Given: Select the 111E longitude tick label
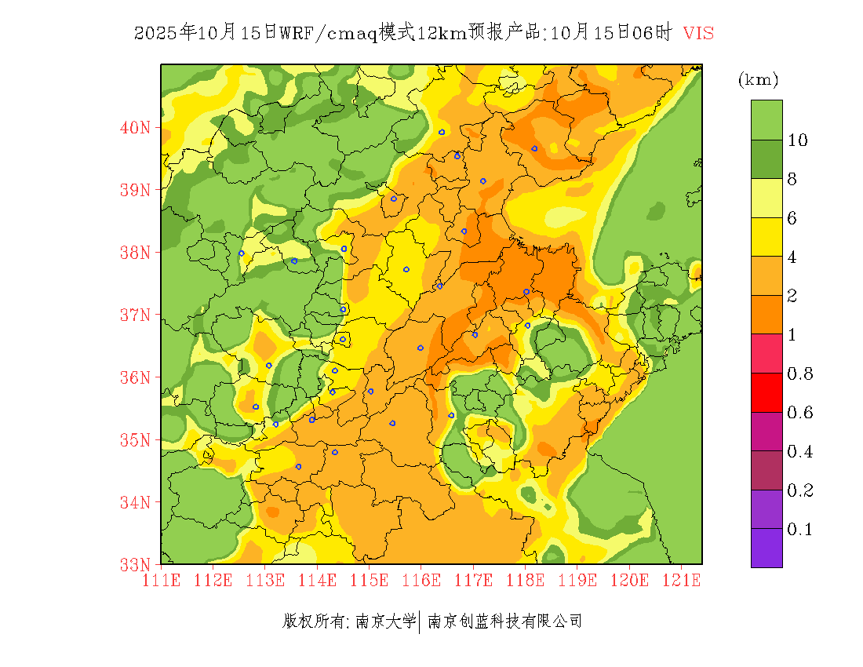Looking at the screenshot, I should pos(161,580).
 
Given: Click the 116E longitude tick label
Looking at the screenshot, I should pos(421,580).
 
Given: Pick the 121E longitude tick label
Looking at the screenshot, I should pos(681,580).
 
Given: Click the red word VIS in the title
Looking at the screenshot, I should pos(698,33).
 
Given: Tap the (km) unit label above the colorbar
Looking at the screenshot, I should pos(758,80).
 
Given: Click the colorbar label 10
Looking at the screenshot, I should pos(797,140).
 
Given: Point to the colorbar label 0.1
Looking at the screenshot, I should pos(799,530).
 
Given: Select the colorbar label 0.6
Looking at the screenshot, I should pos(799,413).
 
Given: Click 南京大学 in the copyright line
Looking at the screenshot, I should pos(385,621).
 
